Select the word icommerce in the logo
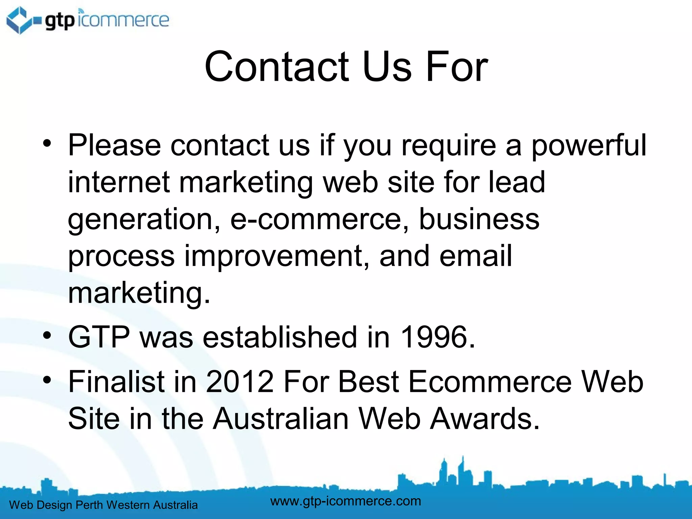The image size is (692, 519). click(x=123, y=20)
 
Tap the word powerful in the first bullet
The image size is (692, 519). click(x=589, y=145)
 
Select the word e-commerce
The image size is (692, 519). click(x=319, y=219)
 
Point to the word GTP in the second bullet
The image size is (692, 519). click(x=99, y=337)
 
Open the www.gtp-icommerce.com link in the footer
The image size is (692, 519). click(x=346, y=501)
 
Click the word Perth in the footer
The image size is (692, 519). click(x=89, y=505)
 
